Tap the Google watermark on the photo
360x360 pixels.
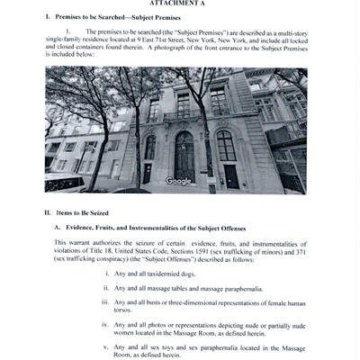[x=179, y=181]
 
